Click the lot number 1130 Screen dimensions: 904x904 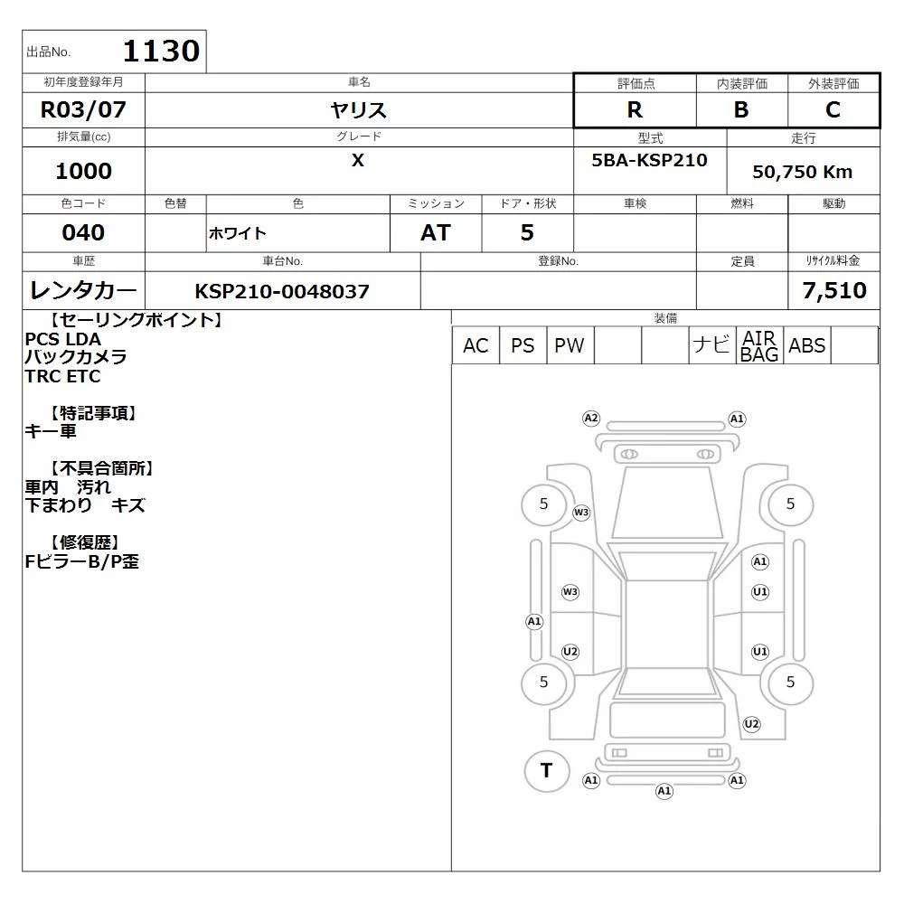pyautogui.click(x=162, y=51)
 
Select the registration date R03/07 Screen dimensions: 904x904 pyautogui.click(x=83, y=109)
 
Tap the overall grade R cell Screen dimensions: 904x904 pyautogui.click(x=635, y=109)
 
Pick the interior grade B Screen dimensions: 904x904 pyautogui.click(x=741, y=109)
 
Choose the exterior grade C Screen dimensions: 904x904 pyautogui.click(x=833, y=109)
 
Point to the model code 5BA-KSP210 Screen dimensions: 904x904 pyautogui.click(x=649, y=160)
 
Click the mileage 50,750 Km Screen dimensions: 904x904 pyautogui.click(x=802, y=172)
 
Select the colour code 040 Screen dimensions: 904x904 pyautogui.click(x=83, y=232)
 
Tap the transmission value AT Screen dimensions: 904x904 pyautogui.click(x=436, y=232)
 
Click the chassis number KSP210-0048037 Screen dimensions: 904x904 pyautogui.click(x=282, y=291)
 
